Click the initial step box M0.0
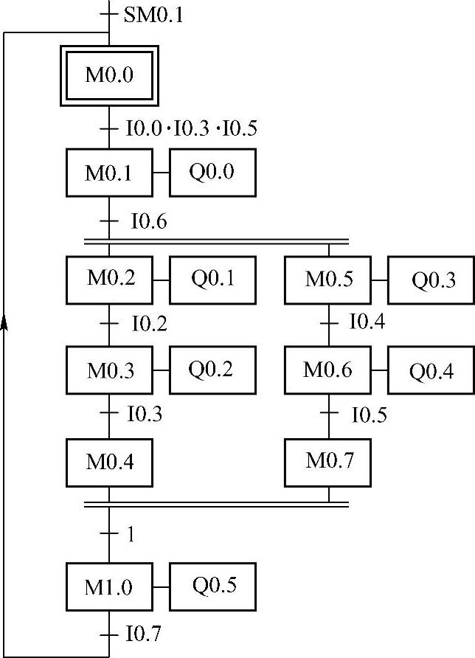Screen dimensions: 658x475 (109, 75)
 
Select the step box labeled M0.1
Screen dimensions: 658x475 (109, 173)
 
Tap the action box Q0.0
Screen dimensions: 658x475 (212, 173)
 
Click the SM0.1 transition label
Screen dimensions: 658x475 (153, 14)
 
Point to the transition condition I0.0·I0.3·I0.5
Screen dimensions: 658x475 (191, 129)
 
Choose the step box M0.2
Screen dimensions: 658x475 (110, 280)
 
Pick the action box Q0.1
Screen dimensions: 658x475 (212, 280)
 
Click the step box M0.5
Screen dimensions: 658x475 (329, 280)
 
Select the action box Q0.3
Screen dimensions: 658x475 (432, 280)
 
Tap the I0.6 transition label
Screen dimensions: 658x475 (149, 221)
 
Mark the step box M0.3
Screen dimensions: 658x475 (110, 370)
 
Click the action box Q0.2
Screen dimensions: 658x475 (212, 370)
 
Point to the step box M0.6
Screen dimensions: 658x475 (329, 370)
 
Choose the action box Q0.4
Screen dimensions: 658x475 (432, 370)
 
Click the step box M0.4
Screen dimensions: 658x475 (110, 462)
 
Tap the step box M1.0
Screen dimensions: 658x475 (109, 587)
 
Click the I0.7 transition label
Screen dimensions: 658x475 (143, 634)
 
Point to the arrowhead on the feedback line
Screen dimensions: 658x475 (5, 325)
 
